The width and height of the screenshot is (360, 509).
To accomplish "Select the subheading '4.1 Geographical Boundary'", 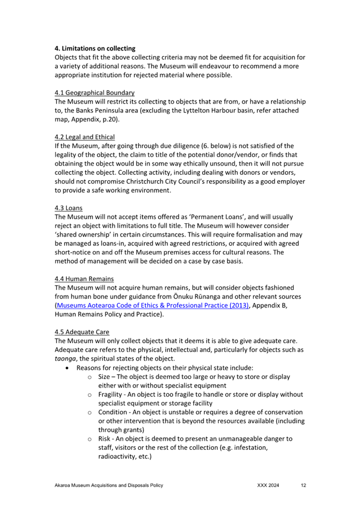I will click(95, 93).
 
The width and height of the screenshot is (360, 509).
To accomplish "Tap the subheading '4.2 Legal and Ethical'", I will click(85, 137).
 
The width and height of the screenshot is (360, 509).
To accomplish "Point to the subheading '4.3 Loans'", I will click(68, 207).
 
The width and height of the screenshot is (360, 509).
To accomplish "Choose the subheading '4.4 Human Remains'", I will click(84, 278).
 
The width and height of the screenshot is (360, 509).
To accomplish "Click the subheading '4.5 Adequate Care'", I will click(82, 332).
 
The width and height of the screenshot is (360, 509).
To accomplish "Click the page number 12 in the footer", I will click(303, 486).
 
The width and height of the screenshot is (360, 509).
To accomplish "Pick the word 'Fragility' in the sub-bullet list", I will click(112, 394).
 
